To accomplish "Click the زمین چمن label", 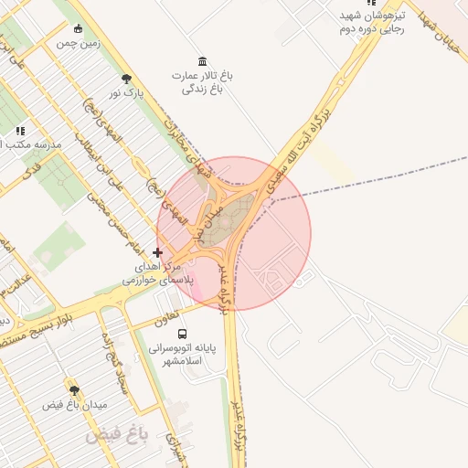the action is click(78, 43).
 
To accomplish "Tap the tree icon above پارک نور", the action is click(126, 79).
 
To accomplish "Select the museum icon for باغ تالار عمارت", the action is click(202, 60).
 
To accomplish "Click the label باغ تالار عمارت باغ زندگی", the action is click(202, 82).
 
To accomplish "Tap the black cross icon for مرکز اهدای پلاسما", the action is click(158, 251).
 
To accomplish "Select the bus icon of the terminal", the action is click(181, 334).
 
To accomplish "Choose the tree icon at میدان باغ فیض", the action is click(74, 390).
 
